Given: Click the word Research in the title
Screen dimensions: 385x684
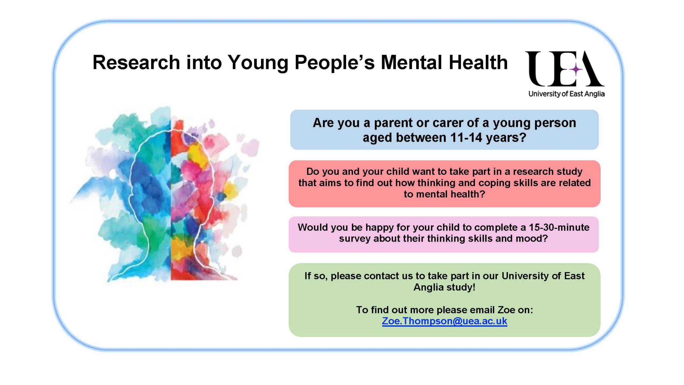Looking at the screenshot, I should [136, 63].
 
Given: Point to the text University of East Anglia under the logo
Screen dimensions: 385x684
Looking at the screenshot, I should [566, 94].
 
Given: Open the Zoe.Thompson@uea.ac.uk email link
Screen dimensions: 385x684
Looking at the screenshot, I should [444, 321].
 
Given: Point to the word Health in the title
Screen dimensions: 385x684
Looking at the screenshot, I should [478, 63].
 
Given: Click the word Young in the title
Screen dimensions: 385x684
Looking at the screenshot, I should [258, 63].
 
